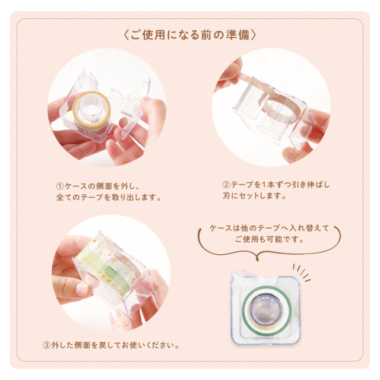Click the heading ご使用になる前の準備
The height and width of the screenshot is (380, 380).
click(x=189, y=34)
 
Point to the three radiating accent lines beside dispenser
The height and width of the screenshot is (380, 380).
click(x=303, y=273)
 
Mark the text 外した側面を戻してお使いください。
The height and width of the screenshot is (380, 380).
click(x=115, y=344)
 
